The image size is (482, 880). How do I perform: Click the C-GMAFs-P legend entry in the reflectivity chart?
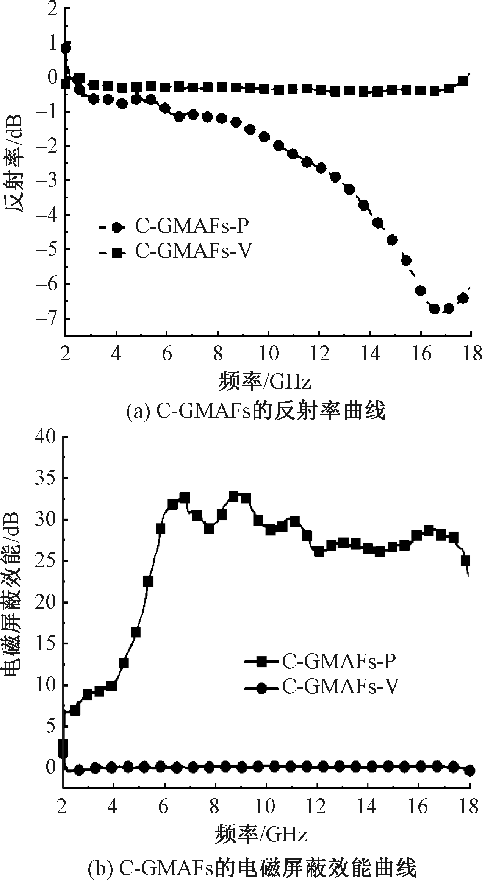coord(174,227)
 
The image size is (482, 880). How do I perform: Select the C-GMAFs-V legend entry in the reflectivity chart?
coord(174,251)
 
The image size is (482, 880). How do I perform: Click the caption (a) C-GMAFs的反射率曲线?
coord(256,411)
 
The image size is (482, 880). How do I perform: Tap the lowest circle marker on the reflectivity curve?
coord(435,309)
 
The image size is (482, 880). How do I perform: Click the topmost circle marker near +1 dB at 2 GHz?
coord(66,48)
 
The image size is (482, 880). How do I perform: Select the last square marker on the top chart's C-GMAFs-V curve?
coord(463,81)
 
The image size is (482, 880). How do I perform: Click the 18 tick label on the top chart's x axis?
coord(471,356)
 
